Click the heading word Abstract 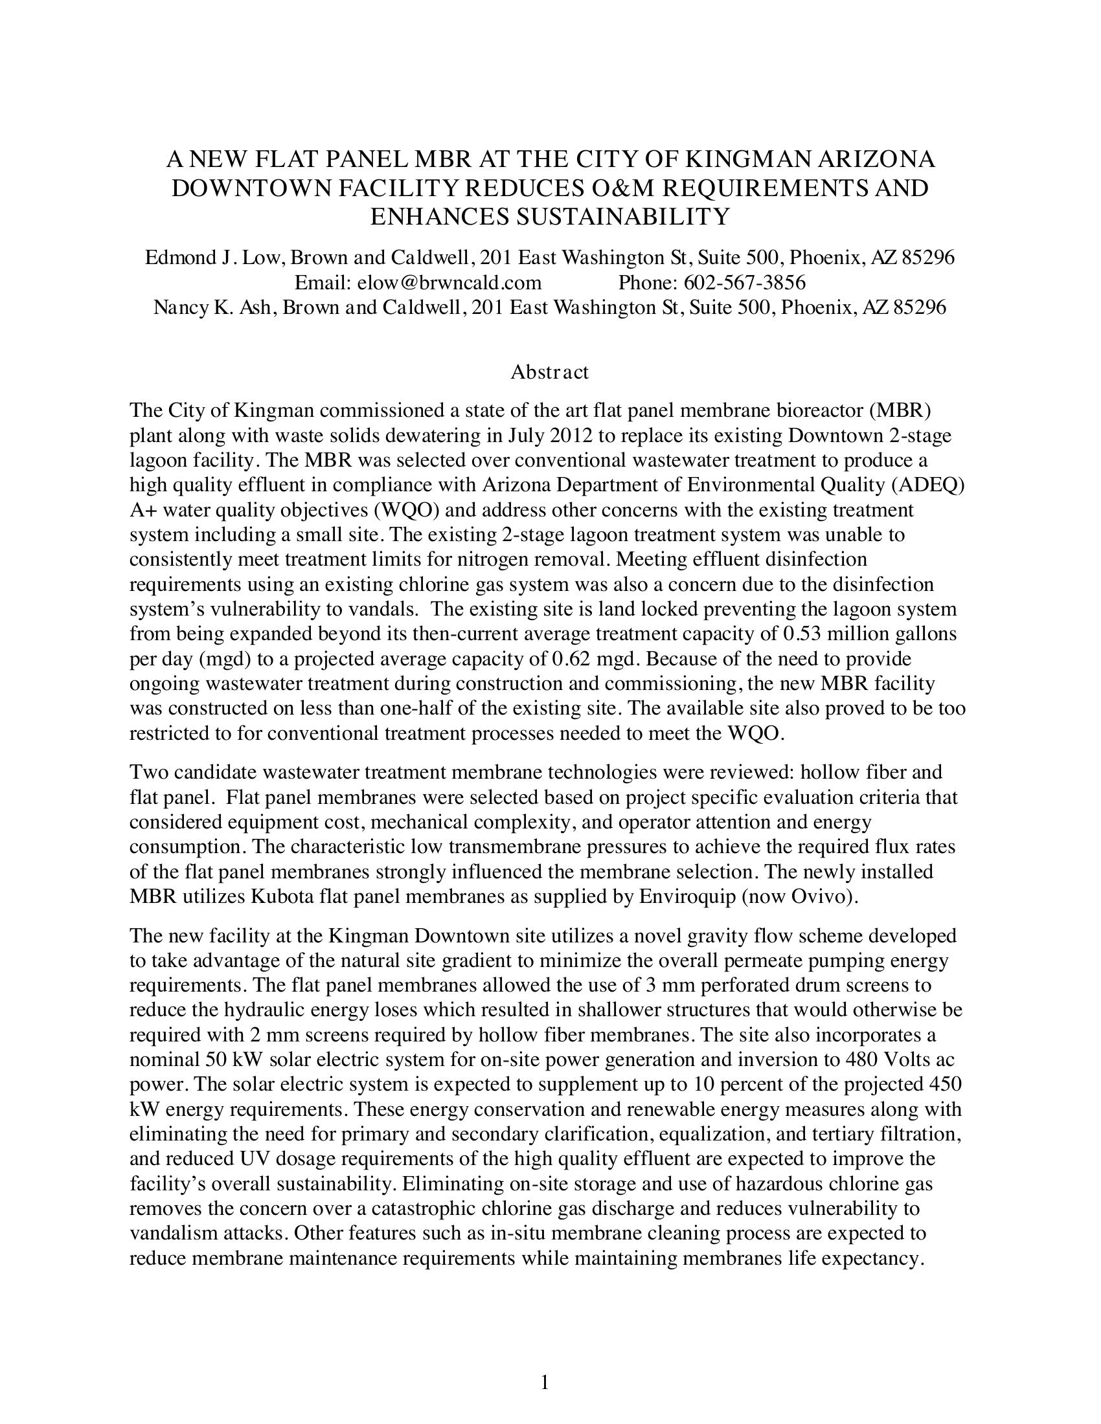(x=549, y=372)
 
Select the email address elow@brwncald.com (x=418, y=282)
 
